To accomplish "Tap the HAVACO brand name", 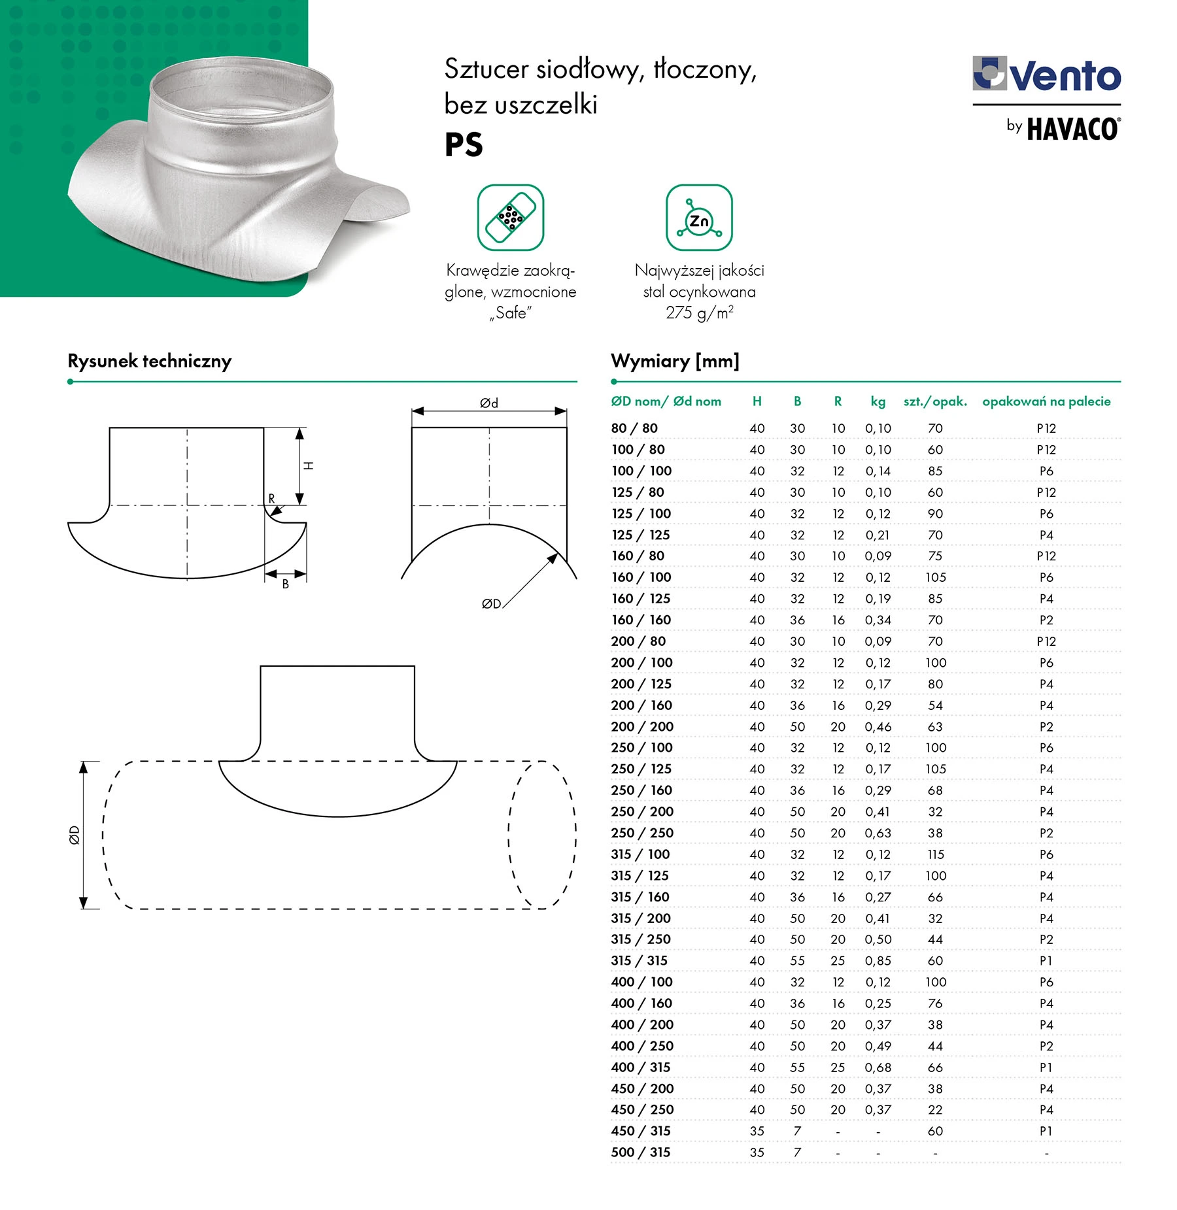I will coord(1072,129).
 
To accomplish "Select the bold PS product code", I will coord(464,144).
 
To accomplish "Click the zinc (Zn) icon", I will coord(699,218).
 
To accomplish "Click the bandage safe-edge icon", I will coord(510,218).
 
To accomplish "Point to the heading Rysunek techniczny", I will coord(149,361).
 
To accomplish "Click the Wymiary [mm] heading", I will coord(675,361).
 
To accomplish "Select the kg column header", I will coord(878,401).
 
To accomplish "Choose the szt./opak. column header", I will coord(935,401).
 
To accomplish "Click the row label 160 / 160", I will coord(641,620).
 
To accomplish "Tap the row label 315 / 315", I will coord(639,960).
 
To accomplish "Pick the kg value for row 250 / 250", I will coord(878,833).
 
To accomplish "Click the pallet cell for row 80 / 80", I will coord(1046,428).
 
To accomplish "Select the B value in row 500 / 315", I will coord(797,1152).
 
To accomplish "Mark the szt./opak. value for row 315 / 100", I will coord(935,854).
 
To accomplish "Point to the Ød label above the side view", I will coord(489,403).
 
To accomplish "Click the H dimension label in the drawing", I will coord(309,465).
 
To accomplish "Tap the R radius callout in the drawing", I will coord(271,499).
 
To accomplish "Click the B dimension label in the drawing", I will coord(285,584).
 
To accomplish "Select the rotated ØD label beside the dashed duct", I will coord(75,835).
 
